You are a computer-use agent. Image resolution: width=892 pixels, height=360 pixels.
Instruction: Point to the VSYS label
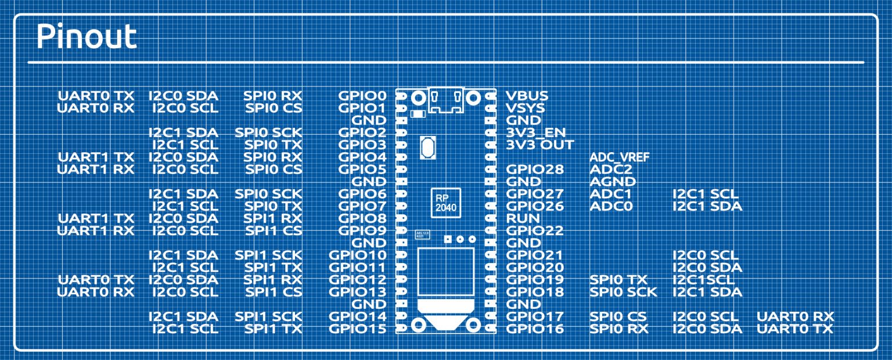click(x=526, y=108)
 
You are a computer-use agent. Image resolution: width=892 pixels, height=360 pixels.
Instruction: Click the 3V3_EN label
click(x=536, y=132)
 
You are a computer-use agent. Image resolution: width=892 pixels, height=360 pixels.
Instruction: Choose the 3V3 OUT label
click(x=540, y=145)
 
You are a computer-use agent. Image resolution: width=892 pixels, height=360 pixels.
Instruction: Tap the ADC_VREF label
click(x=619, y=157)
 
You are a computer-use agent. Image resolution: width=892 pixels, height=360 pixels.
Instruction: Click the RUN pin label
click(x=523, y=218)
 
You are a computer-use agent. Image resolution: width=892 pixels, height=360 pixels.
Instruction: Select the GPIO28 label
click(x=535, y=170)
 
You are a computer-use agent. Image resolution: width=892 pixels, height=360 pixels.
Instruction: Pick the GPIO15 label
click(x=358, y=329)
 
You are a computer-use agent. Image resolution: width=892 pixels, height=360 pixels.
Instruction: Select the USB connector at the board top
click(x=445, y=100)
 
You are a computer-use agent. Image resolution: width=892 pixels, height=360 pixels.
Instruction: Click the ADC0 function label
click(x=611, y=206)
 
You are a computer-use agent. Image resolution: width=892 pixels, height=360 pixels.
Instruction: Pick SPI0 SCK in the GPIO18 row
click(x=623, y=292)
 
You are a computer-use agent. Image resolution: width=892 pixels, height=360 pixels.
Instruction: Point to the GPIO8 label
click(x=362, y=218)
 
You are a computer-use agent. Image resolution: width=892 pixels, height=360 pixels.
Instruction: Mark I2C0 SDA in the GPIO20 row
click(x=707, y=268)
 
